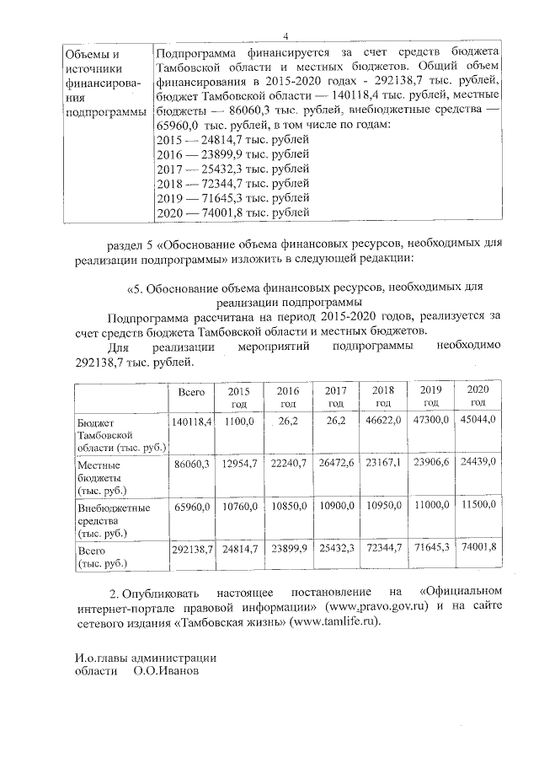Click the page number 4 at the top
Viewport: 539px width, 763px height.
coord(286,35)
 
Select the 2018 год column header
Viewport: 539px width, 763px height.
coord(383,396)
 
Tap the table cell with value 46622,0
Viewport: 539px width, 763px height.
coord(383,419)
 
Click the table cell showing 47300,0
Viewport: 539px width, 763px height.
coord(431,419)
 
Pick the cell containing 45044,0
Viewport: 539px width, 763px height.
coord(478,419)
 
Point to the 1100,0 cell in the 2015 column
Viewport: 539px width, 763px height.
coord(239,419)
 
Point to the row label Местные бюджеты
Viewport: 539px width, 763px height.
coord(109,476)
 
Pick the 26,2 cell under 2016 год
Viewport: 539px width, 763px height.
coord(288,419)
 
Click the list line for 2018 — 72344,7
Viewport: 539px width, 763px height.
coord(233,183)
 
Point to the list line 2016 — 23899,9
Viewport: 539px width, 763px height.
coord(233,154)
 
